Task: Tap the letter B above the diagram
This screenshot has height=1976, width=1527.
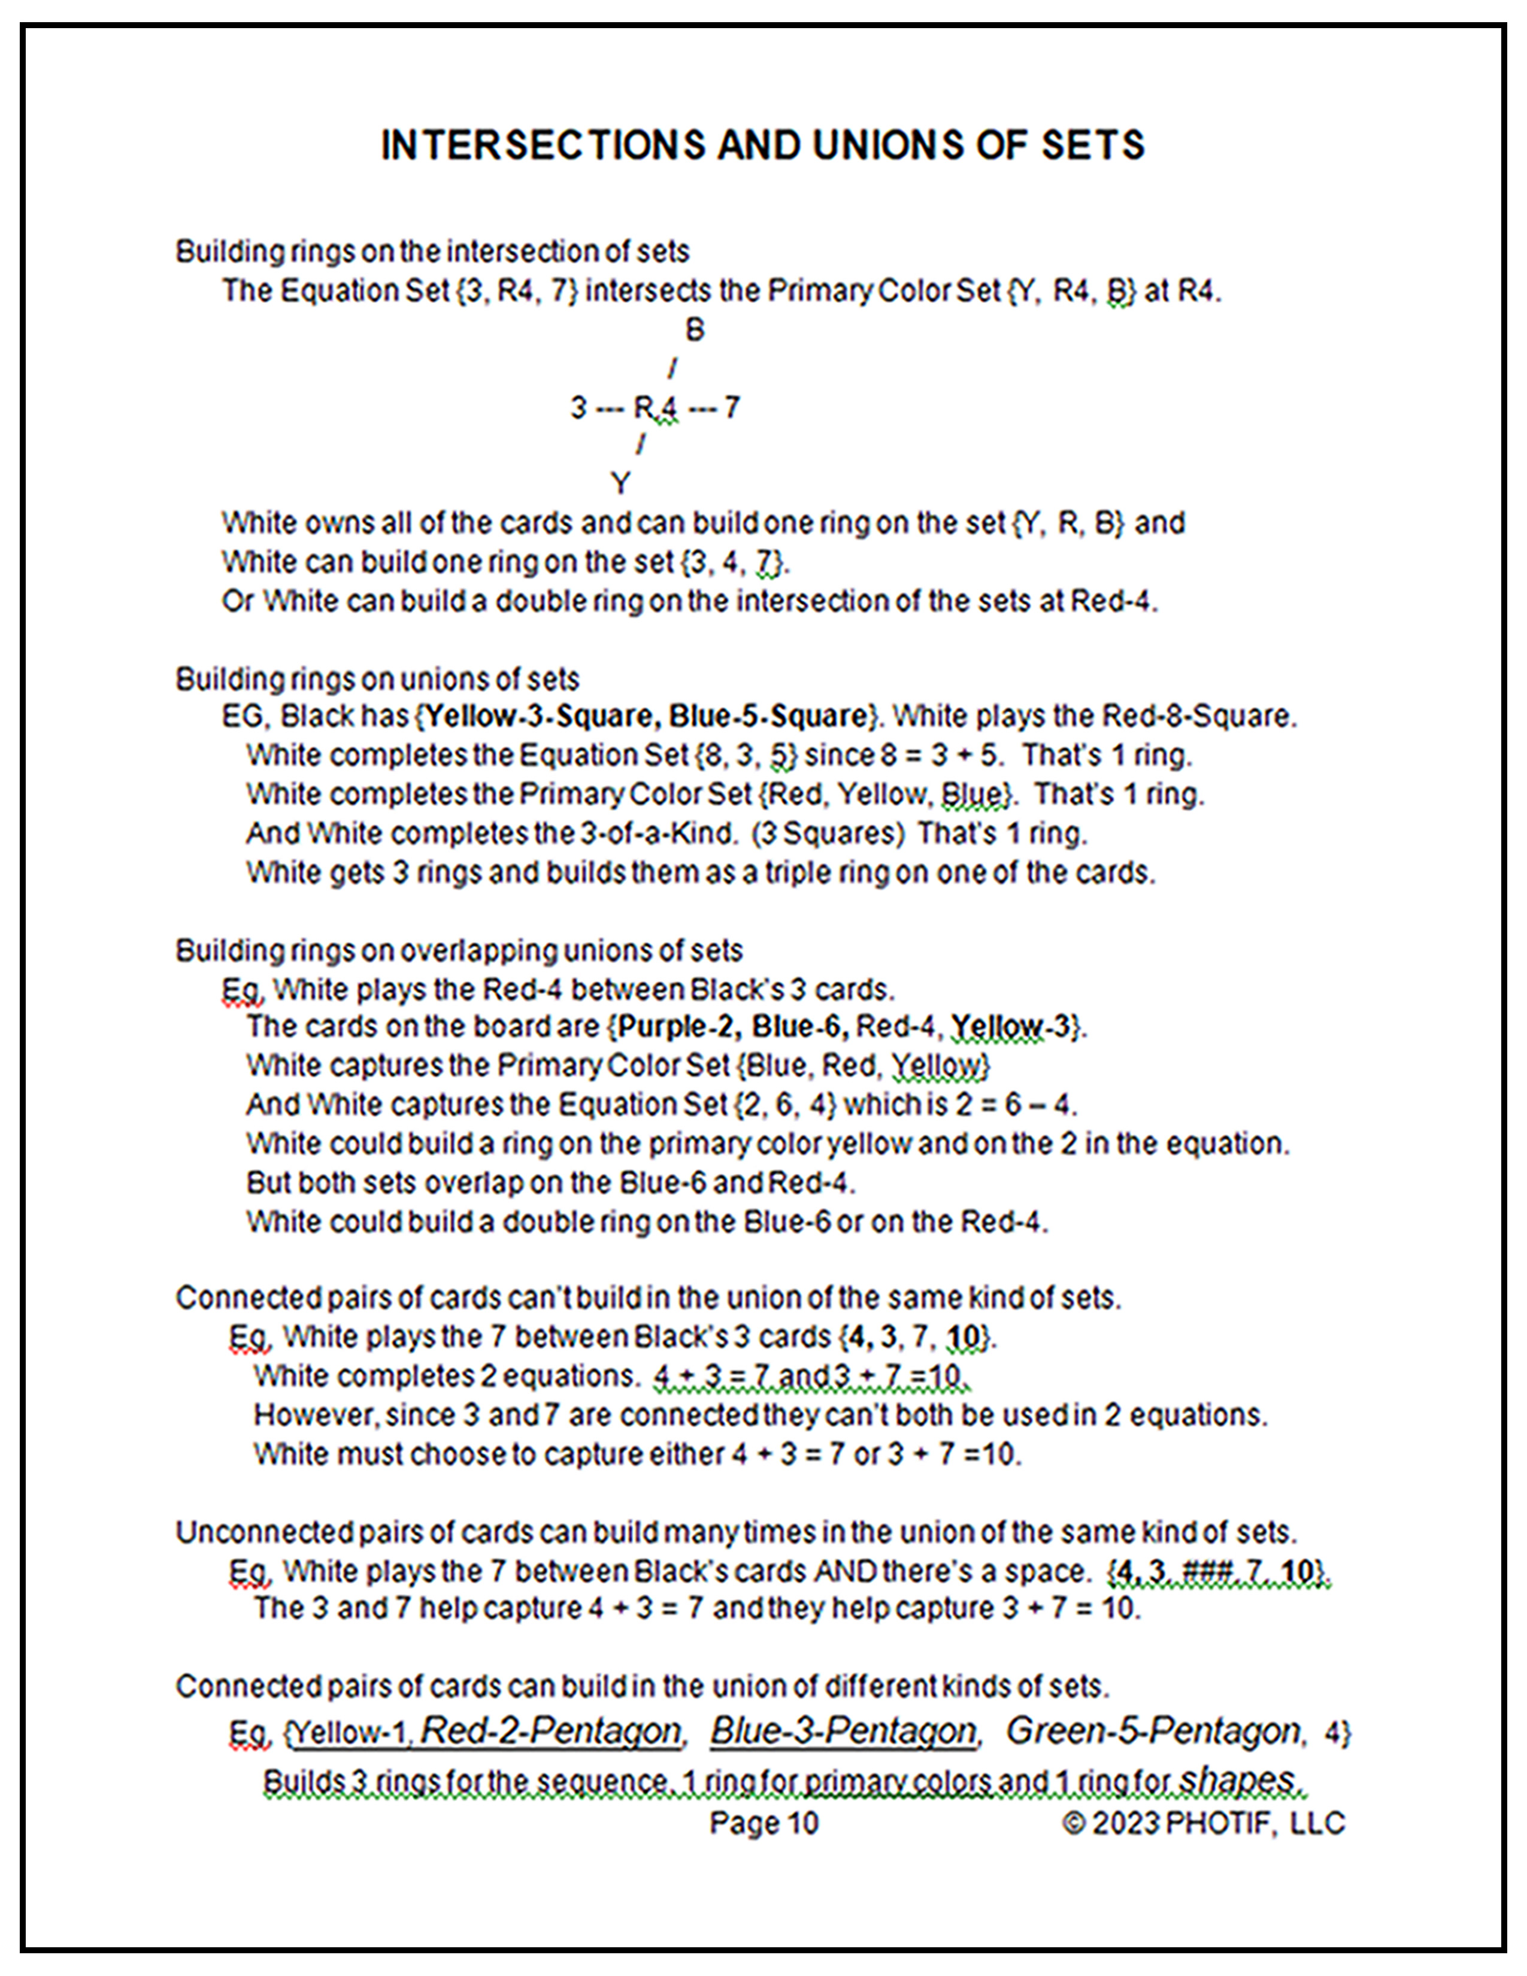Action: [x=694, y=331]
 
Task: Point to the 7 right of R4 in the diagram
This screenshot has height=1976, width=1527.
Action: [x=732, y=408]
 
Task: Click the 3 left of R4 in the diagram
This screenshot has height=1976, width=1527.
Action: [x=578, y=408]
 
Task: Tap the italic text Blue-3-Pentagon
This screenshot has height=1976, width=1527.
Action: [x=842, y=1731]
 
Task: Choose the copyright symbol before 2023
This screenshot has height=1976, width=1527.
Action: [x=1073, y=1823]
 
